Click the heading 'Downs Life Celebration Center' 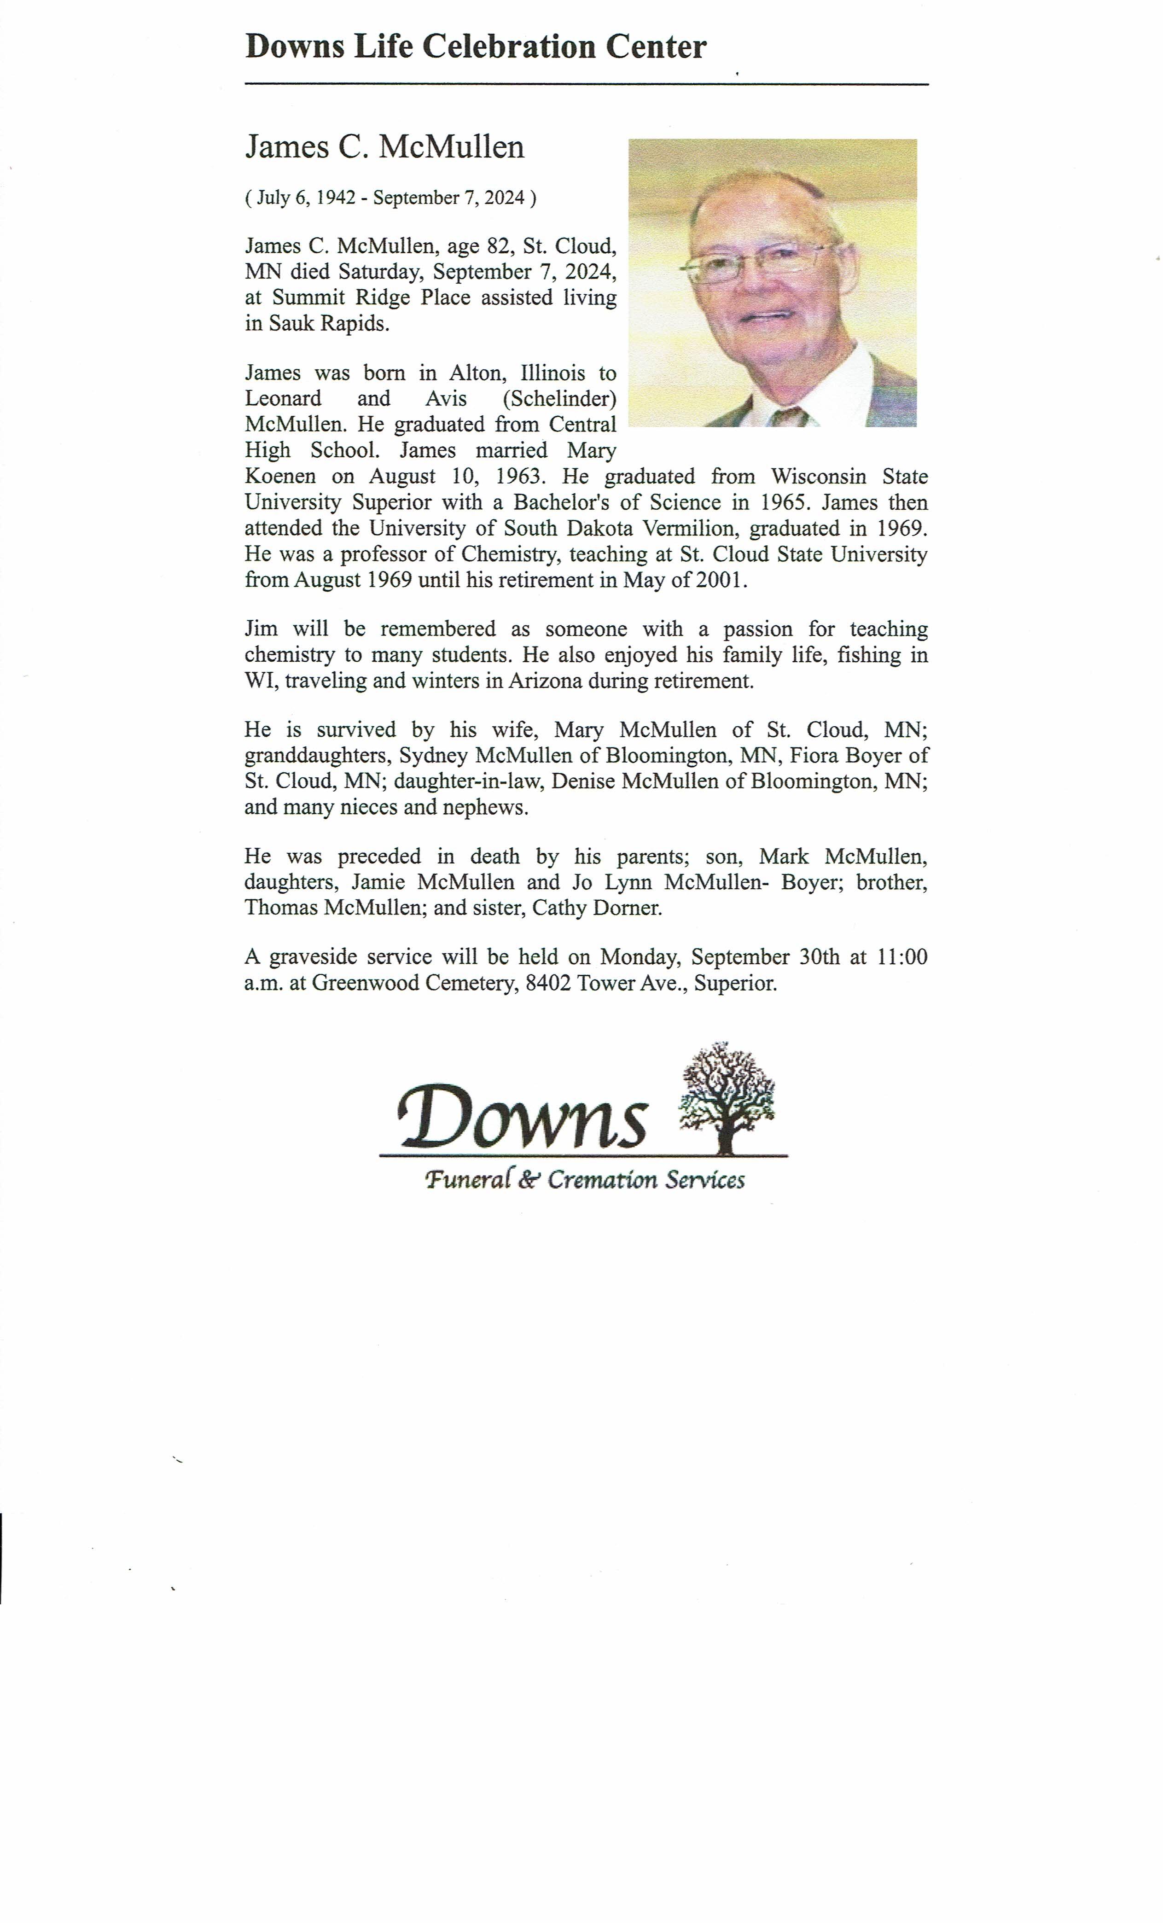[475, 47]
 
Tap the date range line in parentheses [390, 198]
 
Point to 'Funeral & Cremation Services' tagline [584, 1179]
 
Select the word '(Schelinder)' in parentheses [559, 399]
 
